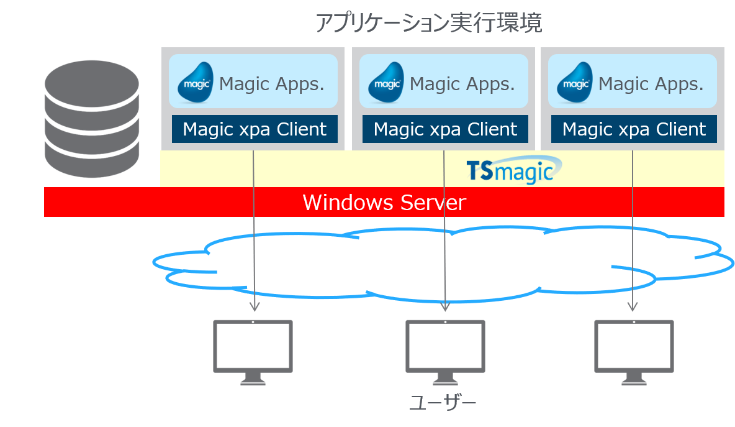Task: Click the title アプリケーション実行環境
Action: [x=428, y=23]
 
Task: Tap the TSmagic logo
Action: [x=513, y=170]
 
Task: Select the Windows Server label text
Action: [x=384, y=203]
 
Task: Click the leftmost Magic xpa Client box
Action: [x=255, y=129]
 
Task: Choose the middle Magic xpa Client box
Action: [x=445, y=129]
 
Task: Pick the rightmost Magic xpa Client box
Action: [x=634, y=129]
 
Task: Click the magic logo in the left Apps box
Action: [x=196, y=83]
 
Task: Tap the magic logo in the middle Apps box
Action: [x=386, y=83]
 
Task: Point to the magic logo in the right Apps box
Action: [x=575, y=83]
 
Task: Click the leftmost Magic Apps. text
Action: [x=272, y=84]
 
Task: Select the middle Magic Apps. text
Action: [x=462, y=84]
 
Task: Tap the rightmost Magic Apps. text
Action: [x=651, y=84]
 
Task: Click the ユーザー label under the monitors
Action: [x=443, y=403]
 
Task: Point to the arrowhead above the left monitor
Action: [x=253, y=306]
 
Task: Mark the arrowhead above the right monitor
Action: [x=633, y=306]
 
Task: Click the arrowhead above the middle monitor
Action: [x=444, y=306]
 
